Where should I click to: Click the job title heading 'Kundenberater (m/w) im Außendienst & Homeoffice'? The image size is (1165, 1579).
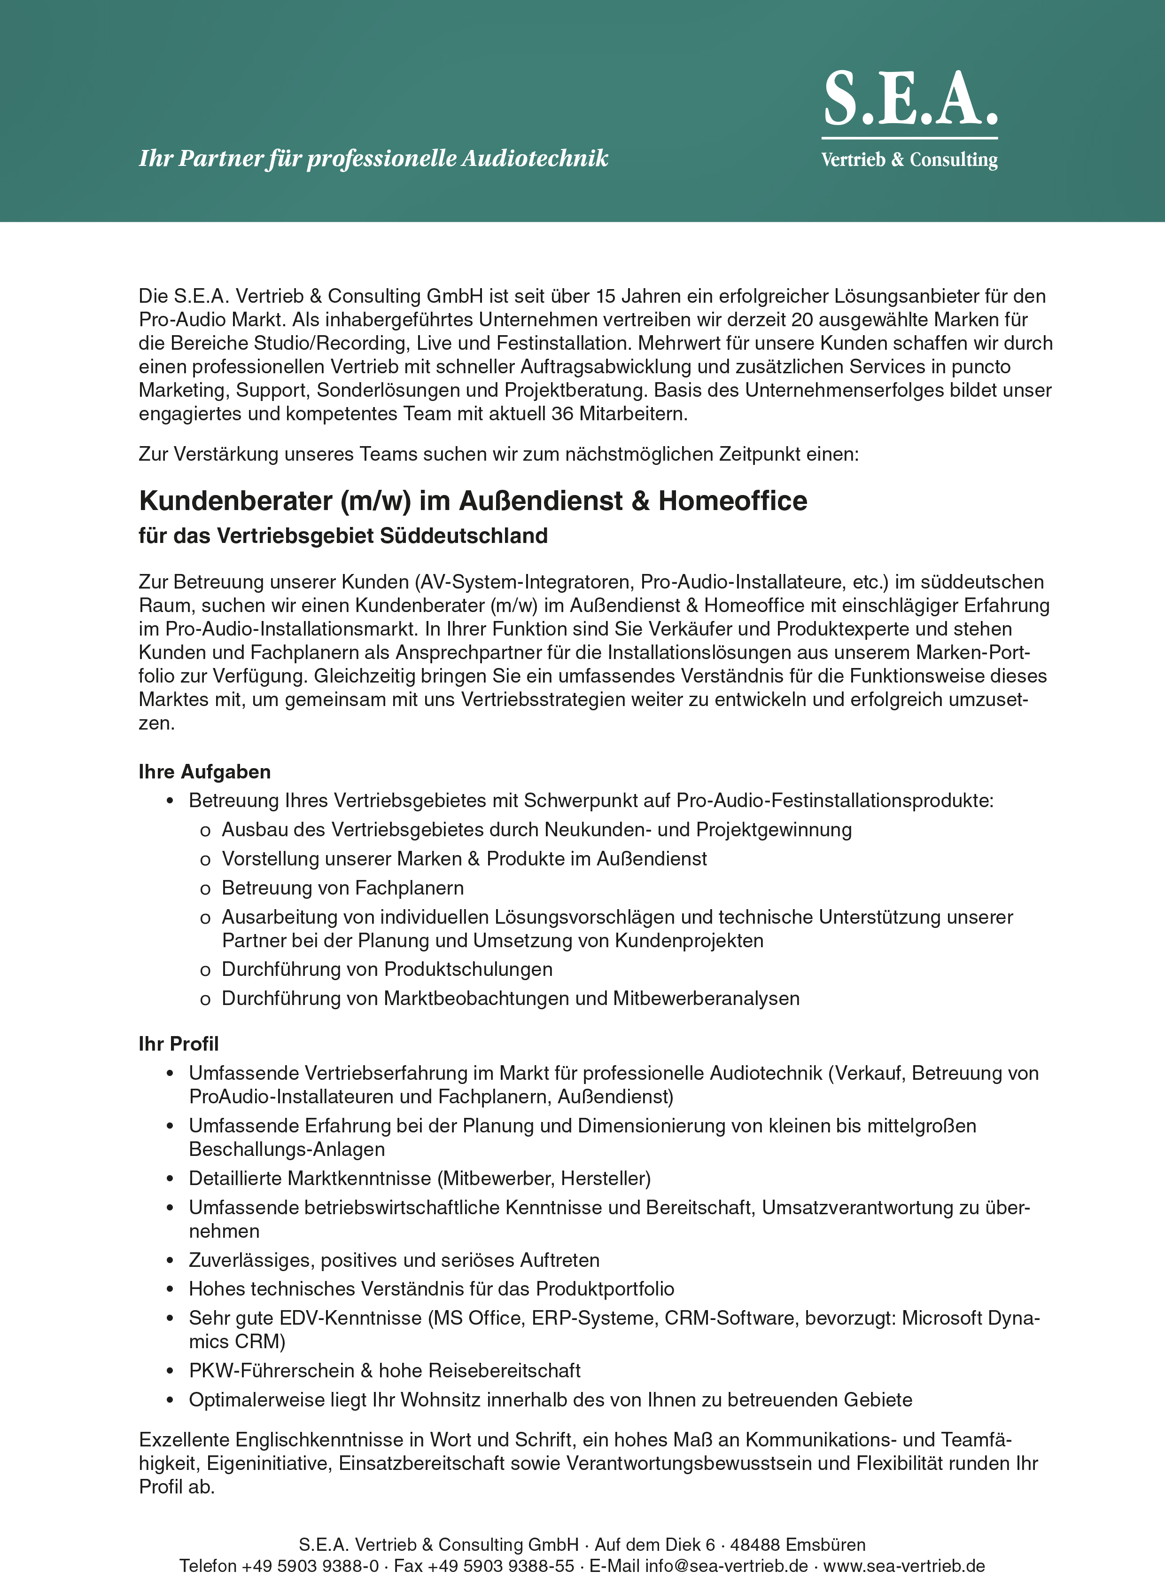(473, 501)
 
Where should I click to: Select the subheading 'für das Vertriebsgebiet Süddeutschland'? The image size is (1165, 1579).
(343, 536)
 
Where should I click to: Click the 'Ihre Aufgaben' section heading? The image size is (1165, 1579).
(204, 772)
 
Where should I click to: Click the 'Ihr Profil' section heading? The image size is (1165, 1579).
(179, 1044)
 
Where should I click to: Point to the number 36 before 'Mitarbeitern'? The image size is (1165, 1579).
(562, 414)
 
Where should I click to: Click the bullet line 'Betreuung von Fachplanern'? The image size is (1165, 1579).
(343, 888)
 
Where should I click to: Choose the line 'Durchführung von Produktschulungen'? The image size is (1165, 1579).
(387, 969)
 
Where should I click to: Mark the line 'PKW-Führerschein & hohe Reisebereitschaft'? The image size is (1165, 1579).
(384, 1371)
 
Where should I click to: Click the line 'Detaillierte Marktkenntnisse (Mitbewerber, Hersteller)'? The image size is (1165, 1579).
(419, 1179)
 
